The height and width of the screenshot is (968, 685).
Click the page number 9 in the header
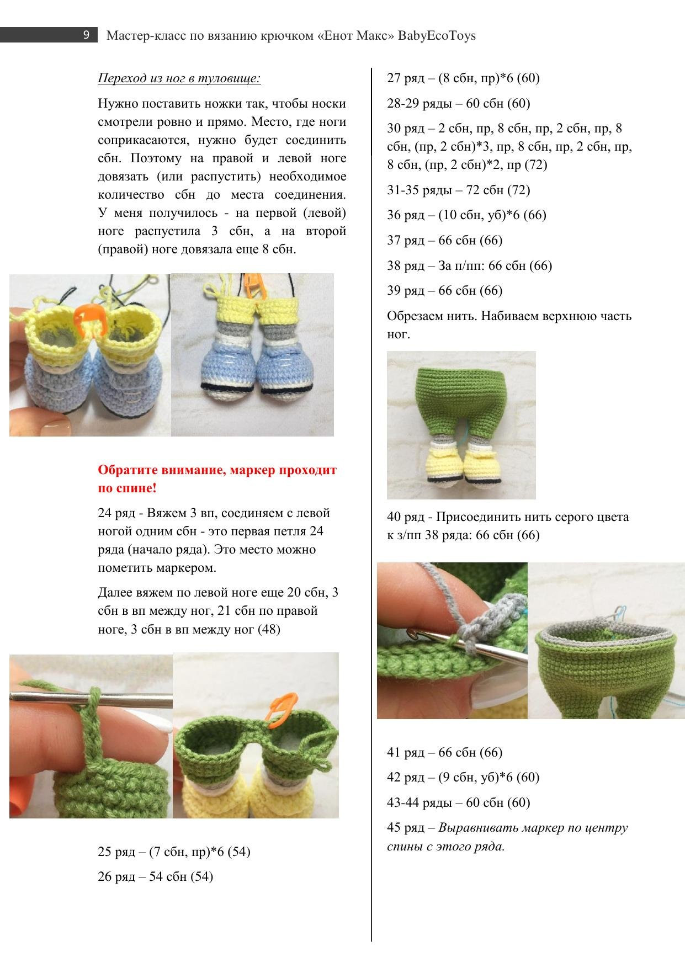[87, 35]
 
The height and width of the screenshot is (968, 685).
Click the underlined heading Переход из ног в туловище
[179, 78]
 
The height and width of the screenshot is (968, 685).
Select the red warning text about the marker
[217, 479]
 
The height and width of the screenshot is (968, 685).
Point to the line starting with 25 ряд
[174, 852]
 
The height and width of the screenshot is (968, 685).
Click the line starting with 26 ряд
[155, 876]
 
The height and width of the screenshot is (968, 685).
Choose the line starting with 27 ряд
[463, 78]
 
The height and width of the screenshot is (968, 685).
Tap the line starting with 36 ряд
[466, 215]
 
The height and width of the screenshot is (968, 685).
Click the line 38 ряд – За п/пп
[469, 265]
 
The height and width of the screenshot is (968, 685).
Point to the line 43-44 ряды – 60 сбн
[458, 802]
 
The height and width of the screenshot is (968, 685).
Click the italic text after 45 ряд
[507, 837]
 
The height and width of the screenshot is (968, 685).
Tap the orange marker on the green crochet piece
[282, 707]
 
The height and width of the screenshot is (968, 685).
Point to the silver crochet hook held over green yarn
[91, 698]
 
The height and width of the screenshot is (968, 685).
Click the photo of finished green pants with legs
[461, 425]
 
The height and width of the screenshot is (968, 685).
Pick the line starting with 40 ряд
[508, 526]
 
